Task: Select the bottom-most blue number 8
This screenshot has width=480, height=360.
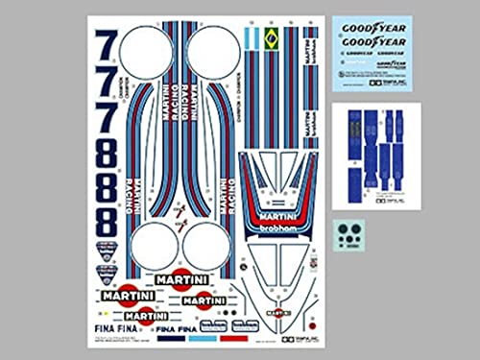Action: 108,221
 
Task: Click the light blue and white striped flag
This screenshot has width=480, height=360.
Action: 252,41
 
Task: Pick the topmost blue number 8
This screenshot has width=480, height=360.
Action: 108,152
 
